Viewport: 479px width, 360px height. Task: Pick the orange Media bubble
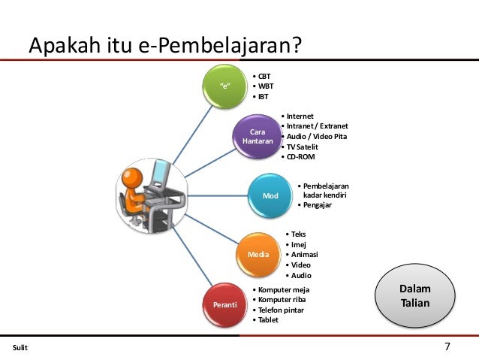pos(258,254)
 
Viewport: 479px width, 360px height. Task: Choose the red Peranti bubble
pos(224,304)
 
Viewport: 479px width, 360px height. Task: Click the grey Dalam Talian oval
pos(414,295)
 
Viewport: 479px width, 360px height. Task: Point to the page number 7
pos(447,346)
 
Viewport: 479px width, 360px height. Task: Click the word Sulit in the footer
pos(20,348)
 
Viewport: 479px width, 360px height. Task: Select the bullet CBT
pos(264,76)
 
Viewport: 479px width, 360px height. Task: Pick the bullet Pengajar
pos(319,204)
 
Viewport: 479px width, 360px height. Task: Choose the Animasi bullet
pos(304,254)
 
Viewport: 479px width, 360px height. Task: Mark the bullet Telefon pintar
pos(281,310)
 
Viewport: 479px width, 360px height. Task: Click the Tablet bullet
pos(268,320)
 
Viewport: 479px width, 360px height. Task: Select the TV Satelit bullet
pos(303,147)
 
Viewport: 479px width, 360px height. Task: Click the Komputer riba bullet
pos(281,299)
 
